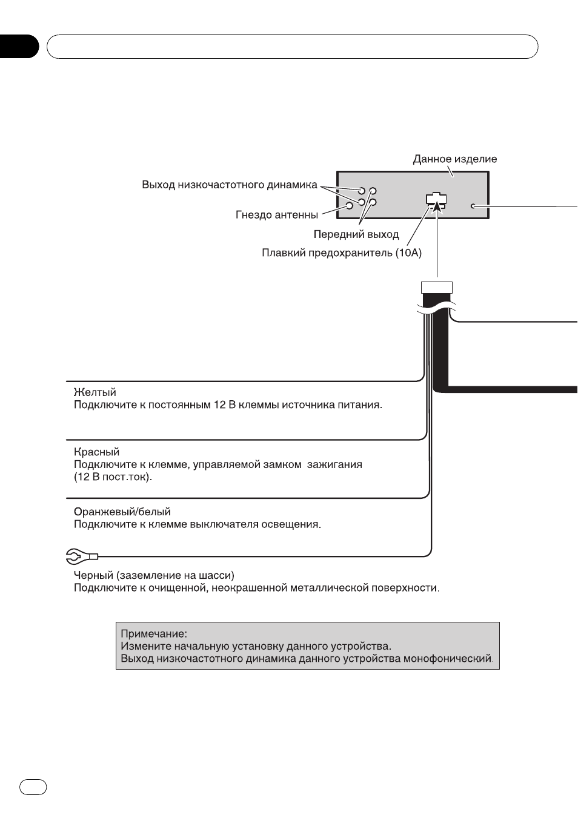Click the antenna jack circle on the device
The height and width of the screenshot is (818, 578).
point(350,206)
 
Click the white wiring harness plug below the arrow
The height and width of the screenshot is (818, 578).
point(437,288)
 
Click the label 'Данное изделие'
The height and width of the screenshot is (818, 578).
point(454,159)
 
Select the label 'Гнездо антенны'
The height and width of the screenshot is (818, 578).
point(276,215)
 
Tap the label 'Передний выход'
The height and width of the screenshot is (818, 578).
point(356,234)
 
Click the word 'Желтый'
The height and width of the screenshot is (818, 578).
point(95,392)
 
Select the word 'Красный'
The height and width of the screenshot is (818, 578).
point(96,452)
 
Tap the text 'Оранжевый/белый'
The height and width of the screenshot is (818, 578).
point(122,512)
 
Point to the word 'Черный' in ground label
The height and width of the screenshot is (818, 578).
point(93,575)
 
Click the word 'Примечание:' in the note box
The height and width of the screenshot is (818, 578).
point(154,633)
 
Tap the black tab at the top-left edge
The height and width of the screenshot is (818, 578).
point(19,47)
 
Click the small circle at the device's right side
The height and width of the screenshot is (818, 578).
point(473,206)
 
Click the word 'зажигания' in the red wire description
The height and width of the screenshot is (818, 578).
point(334,464)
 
